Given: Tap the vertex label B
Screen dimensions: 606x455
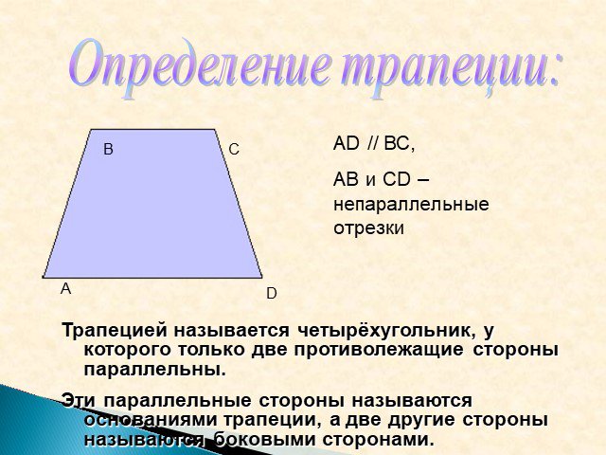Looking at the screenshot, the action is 108,150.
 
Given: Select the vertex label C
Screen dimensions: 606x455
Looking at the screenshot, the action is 234,150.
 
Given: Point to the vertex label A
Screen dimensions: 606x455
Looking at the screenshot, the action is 65,288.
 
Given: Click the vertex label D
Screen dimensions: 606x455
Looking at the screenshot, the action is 272,294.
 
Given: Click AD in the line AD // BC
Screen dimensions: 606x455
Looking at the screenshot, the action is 347,144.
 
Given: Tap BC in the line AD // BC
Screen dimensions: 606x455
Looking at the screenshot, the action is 397,144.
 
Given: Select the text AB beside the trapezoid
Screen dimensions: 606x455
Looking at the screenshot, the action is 347,179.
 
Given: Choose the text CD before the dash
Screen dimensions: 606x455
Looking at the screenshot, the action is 397,179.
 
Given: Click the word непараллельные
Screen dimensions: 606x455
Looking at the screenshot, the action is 411,204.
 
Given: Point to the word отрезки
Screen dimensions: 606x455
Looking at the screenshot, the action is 368,228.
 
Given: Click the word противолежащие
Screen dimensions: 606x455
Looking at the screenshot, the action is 379,350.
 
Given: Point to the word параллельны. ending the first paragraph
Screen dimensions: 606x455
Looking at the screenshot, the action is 154,370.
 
